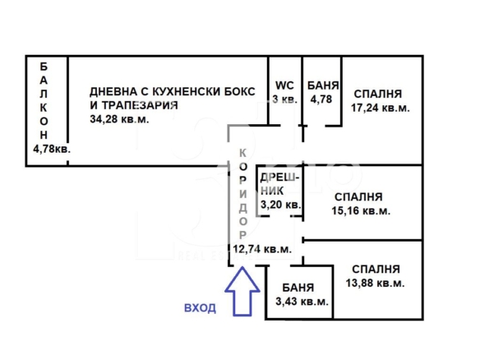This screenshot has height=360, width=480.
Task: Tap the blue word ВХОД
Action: click(201, 308)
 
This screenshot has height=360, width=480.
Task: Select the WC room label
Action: click(284, 85)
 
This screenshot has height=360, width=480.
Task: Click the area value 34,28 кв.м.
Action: click(119, 119)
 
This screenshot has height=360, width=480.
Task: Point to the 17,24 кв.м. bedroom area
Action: click(381, 108)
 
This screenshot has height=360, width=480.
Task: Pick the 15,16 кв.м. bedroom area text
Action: click(361, 211)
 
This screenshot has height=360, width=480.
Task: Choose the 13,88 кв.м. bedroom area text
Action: click(376, 283)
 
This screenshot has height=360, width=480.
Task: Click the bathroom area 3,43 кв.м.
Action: click(302, 302)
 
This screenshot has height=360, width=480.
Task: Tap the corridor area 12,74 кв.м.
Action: click(262, 249)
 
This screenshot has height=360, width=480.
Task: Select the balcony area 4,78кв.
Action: click(52, 150)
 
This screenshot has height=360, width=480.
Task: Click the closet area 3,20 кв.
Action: click(281, 205)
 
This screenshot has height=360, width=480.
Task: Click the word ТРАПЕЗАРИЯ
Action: click(140, 105)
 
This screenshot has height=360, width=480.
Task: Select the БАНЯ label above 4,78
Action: click(323, 85)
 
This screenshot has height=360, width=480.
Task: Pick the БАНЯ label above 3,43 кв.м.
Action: click(298, 288)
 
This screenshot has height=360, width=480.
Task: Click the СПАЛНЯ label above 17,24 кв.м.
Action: click(378, 94)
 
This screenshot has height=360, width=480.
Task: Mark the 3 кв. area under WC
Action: click(284, 99)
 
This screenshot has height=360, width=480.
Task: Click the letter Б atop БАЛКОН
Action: click(44, 67)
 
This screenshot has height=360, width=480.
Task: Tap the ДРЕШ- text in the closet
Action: click(279, 178)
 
